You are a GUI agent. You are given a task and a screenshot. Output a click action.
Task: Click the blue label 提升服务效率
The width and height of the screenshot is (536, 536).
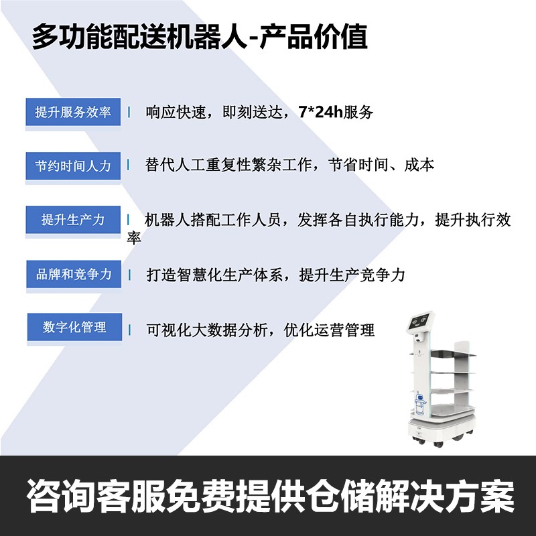click(x=73, y=112)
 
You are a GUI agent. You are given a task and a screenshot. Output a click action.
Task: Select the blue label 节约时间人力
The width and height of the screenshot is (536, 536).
click(x=73, y=165)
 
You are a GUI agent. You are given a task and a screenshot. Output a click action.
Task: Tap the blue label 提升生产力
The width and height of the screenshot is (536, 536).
click(x=73, y=220)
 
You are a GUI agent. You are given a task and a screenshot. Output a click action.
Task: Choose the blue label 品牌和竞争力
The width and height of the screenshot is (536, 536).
click(x=73, y=275)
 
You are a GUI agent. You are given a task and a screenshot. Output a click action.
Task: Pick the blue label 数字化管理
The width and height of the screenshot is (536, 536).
click(x=74, y=327)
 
